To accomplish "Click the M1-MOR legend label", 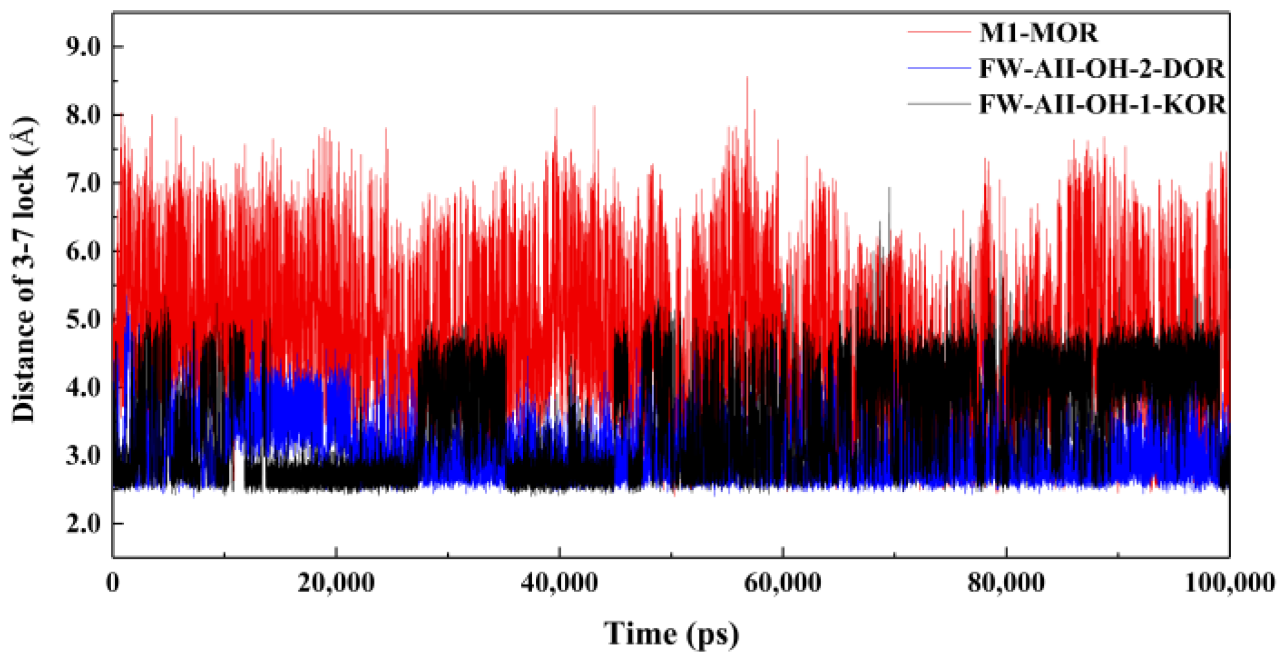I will click(1038, 33).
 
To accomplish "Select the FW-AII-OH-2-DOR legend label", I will click(1101, 69).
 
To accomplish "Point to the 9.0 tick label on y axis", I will click(84, 47).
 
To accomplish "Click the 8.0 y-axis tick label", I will click(84, 115).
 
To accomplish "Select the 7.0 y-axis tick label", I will click(84, 183).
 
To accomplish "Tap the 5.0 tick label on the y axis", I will click(84, 319).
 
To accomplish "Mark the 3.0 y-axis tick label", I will click(84, 455).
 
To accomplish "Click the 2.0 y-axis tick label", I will click(84, 523).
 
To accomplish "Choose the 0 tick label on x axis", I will click(113, 583).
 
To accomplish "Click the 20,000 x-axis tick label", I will click(336, 583).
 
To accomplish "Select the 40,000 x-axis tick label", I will click(559, 583).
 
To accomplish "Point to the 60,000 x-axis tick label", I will click(783, 583).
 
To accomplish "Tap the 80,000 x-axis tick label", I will click(1006, 583).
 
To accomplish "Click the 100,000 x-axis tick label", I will click(1230, 583).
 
